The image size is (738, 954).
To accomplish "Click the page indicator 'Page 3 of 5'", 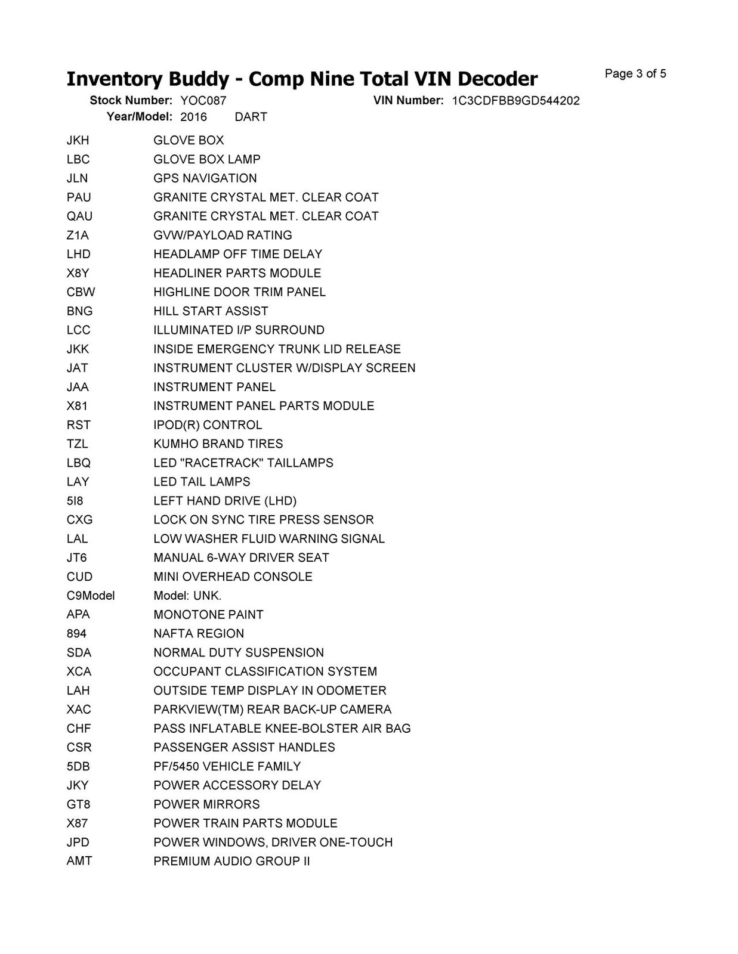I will click(635, 74).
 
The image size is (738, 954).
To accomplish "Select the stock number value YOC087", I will click(203, 101).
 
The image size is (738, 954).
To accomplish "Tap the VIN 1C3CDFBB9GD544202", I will click(515, 101).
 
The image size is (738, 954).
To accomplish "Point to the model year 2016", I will click(193, 117).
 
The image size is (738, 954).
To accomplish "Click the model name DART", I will click(251, 117).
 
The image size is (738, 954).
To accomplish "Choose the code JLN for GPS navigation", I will click(77, 178).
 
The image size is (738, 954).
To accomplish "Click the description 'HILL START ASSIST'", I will click(211, 311).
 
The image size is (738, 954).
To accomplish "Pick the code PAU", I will click(79, 197).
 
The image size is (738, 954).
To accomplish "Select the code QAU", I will click(79, 216).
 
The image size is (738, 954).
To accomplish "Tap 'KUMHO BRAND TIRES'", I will click(218, 444).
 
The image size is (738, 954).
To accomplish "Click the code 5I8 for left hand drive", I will click(75, 501).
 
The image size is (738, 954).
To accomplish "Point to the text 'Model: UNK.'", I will click(187, 596).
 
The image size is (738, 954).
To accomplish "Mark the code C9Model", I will click(91, 596).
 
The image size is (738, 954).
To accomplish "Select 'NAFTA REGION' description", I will click(199, 634).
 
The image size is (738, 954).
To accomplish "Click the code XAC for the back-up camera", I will click(79, 710).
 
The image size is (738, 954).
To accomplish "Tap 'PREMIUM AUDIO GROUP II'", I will click(231, 862).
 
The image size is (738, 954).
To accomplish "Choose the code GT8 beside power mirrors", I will click(78, 804).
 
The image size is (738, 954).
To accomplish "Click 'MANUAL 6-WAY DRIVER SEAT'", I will click(241, 558).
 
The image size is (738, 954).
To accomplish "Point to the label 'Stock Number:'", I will click(131, 101).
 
